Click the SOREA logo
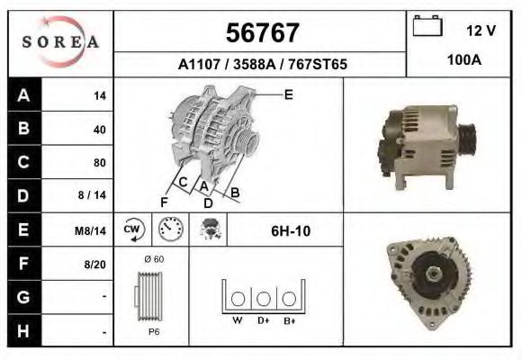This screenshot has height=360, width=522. point(60,43)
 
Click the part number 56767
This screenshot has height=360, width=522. point(261,33)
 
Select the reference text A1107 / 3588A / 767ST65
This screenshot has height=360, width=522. point(262,65)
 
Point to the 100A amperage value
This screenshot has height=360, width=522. point(463,60)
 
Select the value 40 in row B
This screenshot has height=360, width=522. point(99,130)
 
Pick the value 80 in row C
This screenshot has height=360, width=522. point(99,163)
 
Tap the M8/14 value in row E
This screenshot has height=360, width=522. point(90,230)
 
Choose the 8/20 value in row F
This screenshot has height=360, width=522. point(94,265)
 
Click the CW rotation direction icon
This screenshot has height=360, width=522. point(133,230)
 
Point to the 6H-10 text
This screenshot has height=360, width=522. point(290,231)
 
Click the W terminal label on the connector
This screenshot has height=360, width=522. point(238,319)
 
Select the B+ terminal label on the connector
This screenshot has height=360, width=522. point(289,319)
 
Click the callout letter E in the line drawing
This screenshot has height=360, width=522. point(288,94)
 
